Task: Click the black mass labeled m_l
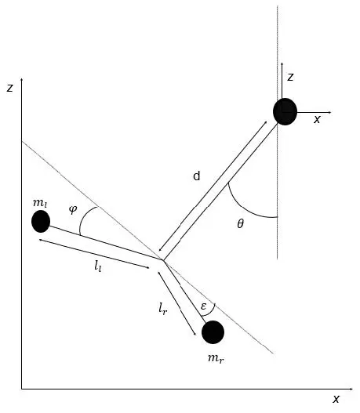point(41,221)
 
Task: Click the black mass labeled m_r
point(213,332)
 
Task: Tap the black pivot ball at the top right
point(285,112)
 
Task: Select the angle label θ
point(240,224)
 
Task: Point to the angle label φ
point(73,209)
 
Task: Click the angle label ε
point(203,306)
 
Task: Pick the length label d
point(197,176)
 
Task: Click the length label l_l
point(98,266)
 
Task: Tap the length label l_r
point(162,308)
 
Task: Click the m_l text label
point(40,203)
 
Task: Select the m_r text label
point(216,358)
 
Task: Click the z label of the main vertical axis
point(9,88)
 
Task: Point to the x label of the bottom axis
point(336,399)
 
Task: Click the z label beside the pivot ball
point(290,77)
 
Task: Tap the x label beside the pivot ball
point(317,119)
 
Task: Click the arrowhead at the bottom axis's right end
point(351,389)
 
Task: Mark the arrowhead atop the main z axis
point(22,80)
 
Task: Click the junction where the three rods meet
point(163,260)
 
